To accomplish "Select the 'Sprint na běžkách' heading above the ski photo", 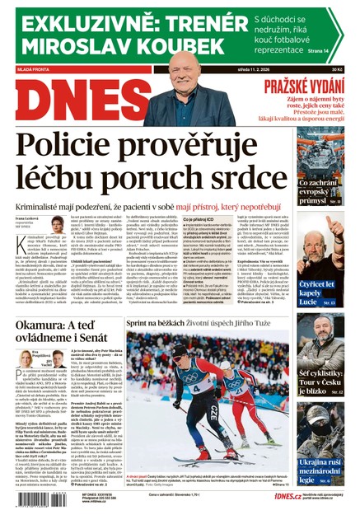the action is click(x=157, y=325).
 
